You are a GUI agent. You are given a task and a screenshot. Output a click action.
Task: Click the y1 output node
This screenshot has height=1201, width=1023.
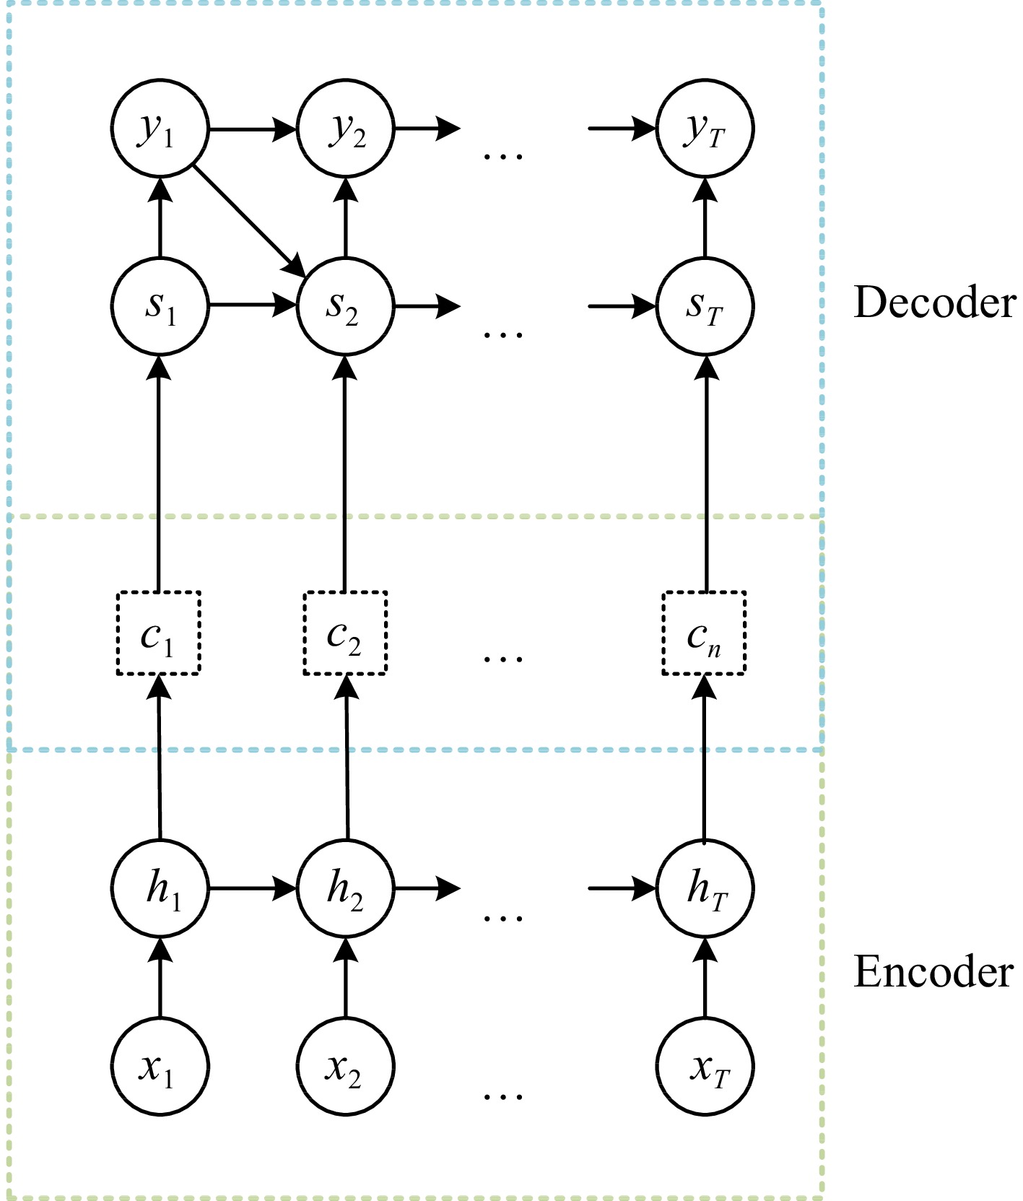(x=160, y=129)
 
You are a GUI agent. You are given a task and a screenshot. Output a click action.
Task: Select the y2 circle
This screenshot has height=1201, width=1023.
(x=345, y=129)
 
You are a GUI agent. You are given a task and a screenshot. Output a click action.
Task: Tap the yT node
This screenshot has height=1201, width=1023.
(x=705, y=129)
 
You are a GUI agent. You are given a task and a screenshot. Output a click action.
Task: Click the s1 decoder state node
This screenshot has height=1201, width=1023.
(x=160, y=306)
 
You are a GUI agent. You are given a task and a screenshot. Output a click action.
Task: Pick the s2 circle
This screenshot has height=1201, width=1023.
(x=345, y=306)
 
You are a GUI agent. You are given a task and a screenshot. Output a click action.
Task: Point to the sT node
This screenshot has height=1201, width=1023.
(x=705, y=306)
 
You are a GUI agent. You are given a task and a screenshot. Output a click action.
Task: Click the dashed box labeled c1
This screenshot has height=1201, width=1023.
(x=158, y=633)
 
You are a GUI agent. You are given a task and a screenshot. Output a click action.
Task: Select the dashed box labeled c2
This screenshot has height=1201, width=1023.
(x=345, y=633)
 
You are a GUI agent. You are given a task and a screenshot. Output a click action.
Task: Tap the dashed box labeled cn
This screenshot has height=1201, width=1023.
(x=704, y=633)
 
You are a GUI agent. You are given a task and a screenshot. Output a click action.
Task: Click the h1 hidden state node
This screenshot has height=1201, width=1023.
(x=160, y=888)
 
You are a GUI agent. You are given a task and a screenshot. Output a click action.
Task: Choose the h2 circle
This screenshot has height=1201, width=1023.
(x=345, y=888)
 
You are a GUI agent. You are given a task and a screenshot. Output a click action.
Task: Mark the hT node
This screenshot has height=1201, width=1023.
(x=705, y=888)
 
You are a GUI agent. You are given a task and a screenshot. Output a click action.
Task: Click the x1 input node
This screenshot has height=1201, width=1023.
(x=160, y=1066)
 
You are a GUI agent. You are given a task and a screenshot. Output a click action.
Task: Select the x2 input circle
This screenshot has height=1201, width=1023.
(x=345, y=1066)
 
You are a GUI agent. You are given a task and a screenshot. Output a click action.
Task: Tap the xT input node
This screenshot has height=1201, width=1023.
(x=705, y=1066)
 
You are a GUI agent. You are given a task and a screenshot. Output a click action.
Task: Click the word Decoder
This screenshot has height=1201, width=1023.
(x=934, y=302)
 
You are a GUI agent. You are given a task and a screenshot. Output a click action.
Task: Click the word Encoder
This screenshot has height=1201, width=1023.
(x=933, y=971)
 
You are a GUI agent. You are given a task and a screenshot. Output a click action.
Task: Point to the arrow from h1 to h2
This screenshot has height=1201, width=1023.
(x=252, y=888)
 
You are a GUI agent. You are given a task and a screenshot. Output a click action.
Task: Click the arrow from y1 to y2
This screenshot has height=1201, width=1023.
(x=252, y=129)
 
